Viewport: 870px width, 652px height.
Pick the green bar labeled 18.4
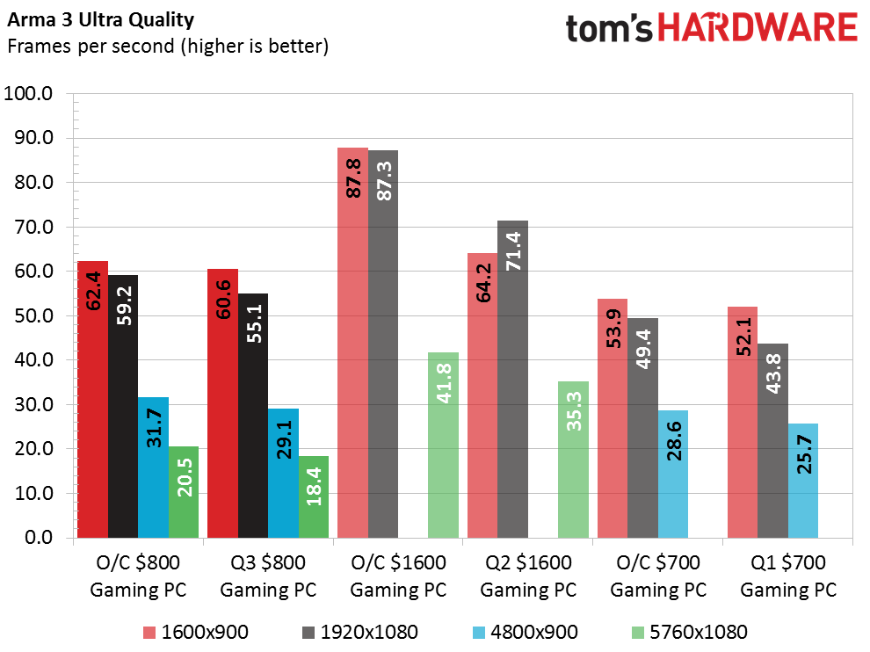click(313, 496)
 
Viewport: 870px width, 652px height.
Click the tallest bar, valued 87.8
click(353, 342)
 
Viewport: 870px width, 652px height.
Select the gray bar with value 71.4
click(513, 379)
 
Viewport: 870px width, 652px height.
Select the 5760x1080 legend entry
click(689, 631)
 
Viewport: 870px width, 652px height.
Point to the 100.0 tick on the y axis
click(30, 93)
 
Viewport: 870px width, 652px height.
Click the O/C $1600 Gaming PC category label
click(398, 576)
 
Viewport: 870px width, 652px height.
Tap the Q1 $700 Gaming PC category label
click(788, 576)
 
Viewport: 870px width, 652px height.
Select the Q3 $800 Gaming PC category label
click(268, 576)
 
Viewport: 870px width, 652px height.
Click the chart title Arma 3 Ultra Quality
click(101, 18)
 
